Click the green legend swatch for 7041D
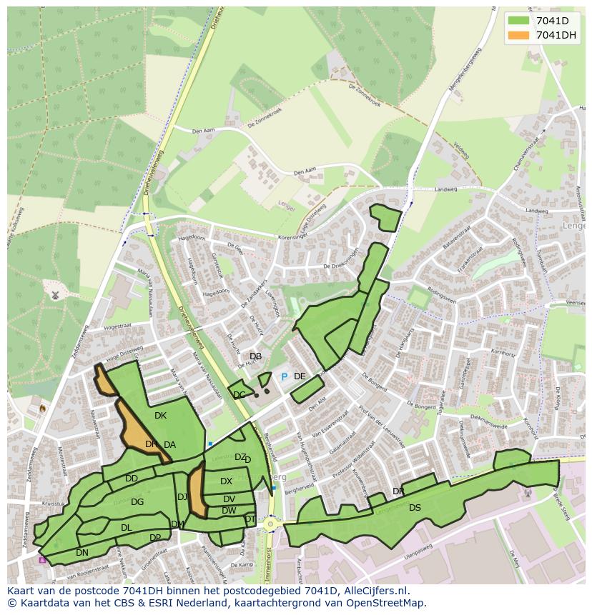point(518,21)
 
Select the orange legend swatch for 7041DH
point(518,35)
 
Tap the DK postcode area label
point(160,416)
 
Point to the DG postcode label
point(137,502)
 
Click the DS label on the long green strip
point(415,508)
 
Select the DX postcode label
point(226,481)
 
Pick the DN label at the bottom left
point(82,553)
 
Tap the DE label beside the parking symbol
point(300,376)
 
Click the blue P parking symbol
point(284,376)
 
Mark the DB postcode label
point(255,356)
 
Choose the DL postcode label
point(126,528)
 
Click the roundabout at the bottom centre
point(270,524)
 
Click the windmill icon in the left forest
point(55,294)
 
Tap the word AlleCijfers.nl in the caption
point(374,591)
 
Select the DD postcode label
point(132,479)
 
